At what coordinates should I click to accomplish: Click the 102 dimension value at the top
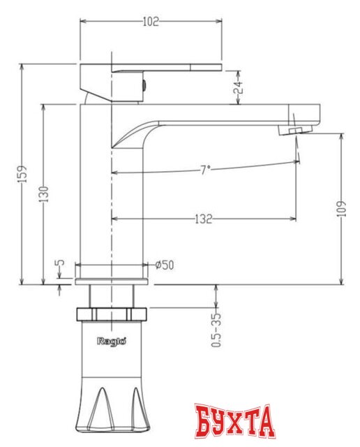pyautogui.click(x=151, y=22)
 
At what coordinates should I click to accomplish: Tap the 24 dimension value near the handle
pyautogui.click(x=238, y=87)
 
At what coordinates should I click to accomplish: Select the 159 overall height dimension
pyautogui.click(x=23, y=174)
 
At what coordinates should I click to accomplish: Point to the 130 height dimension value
pyautogui.click(x=43, y=194)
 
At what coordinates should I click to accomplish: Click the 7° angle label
pyautogui.click(x=205, y=170)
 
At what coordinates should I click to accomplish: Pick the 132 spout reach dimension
pyautogui.click(x=204, y=219)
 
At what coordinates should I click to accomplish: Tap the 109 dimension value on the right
pyautogui.click(x=341, y=209)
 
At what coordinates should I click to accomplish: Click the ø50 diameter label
pyautogui.click(x=165, y=265)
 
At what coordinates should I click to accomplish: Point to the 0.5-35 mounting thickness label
pyautogui.click(x=216, y=330)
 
